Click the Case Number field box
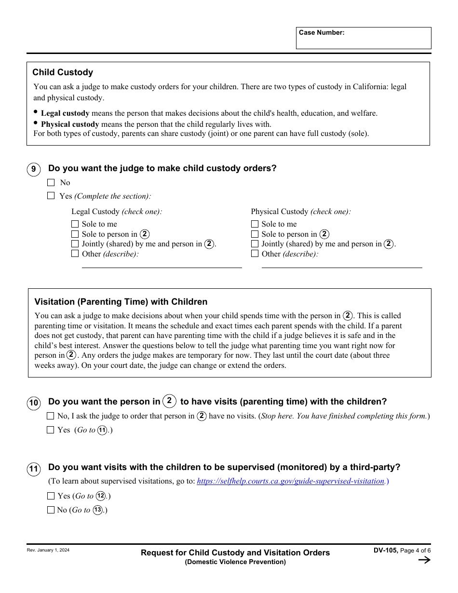click(364, 38)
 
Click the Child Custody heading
click(63, 72)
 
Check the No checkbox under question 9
click(51, 183)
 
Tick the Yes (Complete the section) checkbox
click(51, 196)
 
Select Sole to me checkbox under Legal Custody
click(75, 224)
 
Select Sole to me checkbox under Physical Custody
click(255, 224)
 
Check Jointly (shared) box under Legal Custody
click(75, 244)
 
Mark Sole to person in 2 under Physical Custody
click(255, 234)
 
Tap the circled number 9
click(33, 169)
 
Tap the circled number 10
click(34, 403)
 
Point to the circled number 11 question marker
click(34, 469)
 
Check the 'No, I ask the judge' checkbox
click(51, 416)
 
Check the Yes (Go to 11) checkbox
click(51, 430)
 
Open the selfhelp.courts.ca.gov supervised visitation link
click(291, 481)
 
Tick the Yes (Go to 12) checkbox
click(51, 496)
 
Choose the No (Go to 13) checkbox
click(51, 510)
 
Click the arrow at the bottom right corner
click(424, 560)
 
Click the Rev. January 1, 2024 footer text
click(48, 550)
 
